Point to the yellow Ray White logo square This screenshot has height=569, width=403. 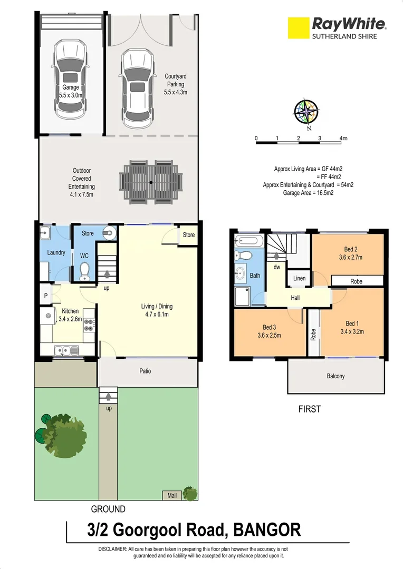coord(298,27)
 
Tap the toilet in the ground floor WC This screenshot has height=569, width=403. coord(84,271)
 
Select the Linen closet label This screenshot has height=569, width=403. coord(299,278)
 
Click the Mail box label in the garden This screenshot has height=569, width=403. coord(172,495)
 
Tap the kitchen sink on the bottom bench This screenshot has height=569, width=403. coord(66,349)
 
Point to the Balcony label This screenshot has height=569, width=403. coord(335,376)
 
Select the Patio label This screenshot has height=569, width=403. coord(145,371)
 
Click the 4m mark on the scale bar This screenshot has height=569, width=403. coord(344,139)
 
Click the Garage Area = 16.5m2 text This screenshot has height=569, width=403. coord(309,193)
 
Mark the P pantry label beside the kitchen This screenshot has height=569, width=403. coord(46,296)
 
